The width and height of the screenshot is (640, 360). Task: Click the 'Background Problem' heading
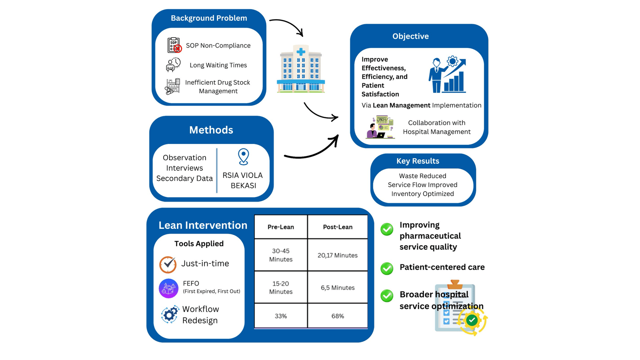tap(209, 18)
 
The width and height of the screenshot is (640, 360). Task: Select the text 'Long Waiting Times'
tap(218, 65)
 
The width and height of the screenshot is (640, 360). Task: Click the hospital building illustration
tap(301, 69)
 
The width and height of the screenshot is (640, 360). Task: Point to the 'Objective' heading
tap(410, 36)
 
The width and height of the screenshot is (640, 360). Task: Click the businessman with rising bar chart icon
tap(447, 75)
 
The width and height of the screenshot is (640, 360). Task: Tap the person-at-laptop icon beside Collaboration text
tap(380, 127)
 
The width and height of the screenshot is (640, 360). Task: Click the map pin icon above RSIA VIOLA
tap(243, 156)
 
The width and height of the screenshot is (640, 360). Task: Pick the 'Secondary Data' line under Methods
tap(184, 178)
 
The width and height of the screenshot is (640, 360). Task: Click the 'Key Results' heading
tap(418, 161)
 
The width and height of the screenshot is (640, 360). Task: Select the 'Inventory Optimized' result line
tap(422, 194)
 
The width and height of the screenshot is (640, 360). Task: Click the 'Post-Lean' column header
tap(338, 227)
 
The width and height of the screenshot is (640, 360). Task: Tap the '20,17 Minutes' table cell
tap(338, 255)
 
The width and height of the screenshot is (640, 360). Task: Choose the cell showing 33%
tap(281, 316)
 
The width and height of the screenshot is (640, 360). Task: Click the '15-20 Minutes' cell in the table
tap(281, 288)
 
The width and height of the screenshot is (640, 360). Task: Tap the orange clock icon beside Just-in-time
tap(168, 264)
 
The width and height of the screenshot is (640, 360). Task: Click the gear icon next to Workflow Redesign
tap(170, 314)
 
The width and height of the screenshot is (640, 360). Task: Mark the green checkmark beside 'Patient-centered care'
tap(387, 268)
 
